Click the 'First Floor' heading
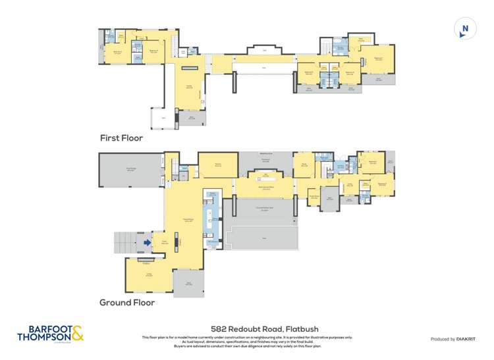click(121, 138)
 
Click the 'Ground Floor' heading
click(126, 303)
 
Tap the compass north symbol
click(465, 29)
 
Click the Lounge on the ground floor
click(149, 275)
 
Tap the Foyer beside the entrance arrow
click(159, 243)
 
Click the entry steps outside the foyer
click(126, 242)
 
